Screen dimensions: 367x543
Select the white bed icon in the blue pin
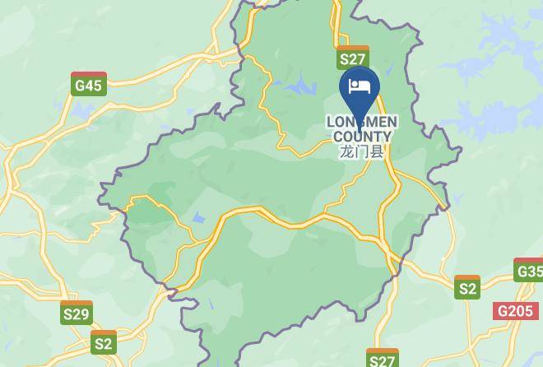(x=360, y=86)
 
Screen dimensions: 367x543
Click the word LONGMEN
(x=362, y=123)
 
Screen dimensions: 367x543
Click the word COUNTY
(x=363, y=137)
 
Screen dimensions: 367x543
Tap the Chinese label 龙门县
(x=362, y=151)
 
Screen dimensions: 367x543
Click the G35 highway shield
(x=529, y=270)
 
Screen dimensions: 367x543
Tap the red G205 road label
(x=515, y=311)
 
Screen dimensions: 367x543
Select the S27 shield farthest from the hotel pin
(x=383, y=359)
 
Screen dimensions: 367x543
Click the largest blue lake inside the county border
(x=301, y=86)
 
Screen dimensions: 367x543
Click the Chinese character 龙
(x=346, y=151)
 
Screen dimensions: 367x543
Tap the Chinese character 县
(x=378, y=151)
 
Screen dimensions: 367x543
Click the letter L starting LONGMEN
(x=331, y=123)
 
